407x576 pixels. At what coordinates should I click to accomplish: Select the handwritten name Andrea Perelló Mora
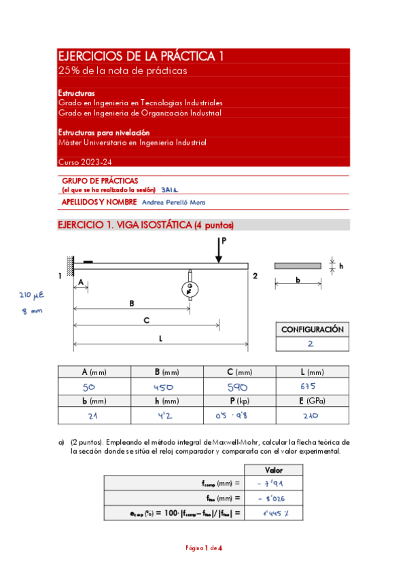point(174,202)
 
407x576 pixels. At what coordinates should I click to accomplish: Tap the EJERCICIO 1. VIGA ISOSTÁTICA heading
point(146,225)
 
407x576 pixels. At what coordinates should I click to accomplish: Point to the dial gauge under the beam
point(190,289)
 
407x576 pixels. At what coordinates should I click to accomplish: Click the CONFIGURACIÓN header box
point(312,329)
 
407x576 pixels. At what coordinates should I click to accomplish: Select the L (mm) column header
point(312,372)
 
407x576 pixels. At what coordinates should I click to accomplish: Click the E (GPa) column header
point(312,401)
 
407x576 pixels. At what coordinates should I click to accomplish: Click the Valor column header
point(273,469)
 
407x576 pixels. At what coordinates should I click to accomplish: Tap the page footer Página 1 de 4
point(204,547)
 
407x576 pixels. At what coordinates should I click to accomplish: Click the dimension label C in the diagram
point(146,319)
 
